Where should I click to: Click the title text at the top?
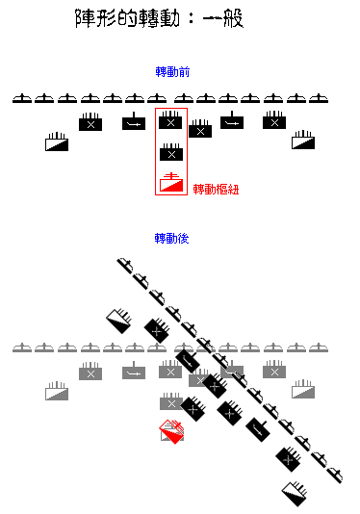[x=159, y=18]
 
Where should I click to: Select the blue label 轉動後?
[x=171, y=238]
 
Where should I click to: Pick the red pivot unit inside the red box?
[x=171, y=183]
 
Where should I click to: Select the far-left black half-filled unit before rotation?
[x=57, y=142]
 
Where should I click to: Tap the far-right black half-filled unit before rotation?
[x=304, y=140]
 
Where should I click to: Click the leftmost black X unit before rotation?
[x=90, y=123]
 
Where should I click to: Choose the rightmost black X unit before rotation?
[x=274, y=121]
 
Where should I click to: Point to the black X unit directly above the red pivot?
[x=171, y=152]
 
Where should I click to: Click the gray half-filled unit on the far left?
[x=57, y=391]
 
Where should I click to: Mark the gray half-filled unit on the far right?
[x=303, y=388]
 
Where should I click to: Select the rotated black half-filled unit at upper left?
[x=121, y=319]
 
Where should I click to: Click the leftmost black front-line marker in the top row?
[x=23, y=98]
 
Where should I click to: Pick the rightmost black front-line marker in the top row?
[x=320, y=98]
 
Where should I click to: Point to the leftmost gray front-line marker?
[x=22, y=347]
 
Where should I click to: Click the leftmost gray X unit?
[x=90, y=372]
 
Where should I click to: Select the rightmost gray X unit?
[x=273, y=371]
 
